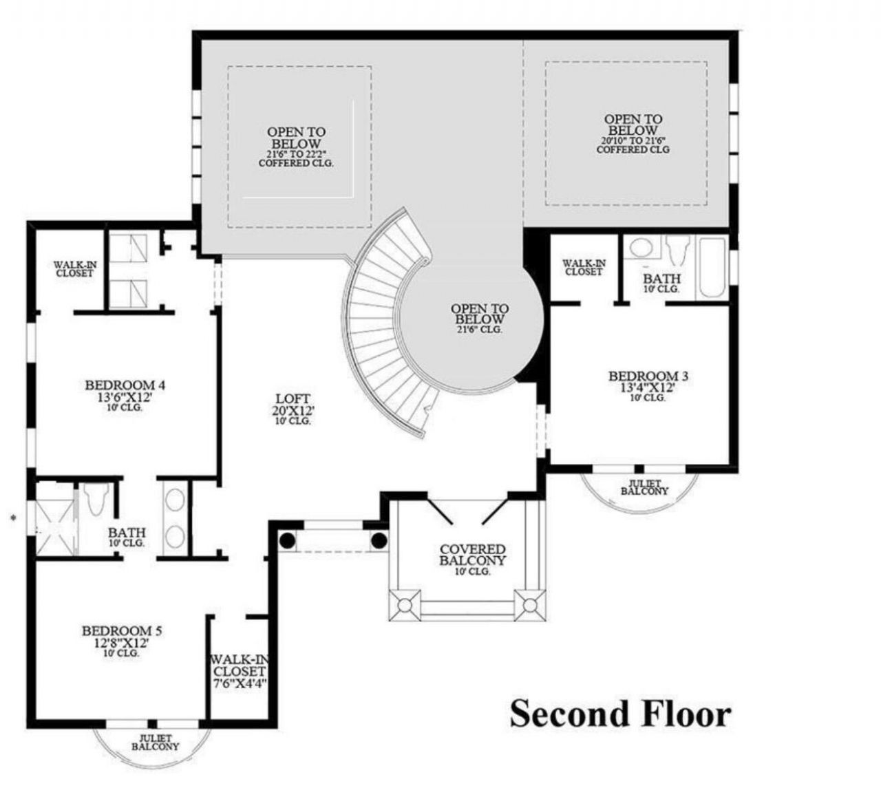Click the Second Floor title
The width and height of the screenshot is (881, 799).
[x=619, y=714]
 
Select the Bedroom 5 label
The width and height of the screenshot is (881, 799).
[x=122, y=637]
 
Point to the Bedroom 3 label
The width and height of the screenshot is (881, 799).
[x=648, y=382]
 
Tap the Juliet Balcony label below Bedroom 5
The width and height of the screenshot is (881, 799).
[x=155, y=742]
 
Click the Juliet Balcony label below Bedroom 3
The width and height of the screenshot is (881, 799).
[x=644, y=488]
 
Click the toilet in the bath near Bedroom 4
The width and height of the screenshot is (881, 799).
[x=96, y=500]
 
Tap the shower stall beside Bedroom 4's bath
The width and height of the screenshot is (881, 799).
[x=54, y=520]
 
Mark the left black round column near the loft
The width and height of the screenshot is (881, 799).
[x=287, y=541]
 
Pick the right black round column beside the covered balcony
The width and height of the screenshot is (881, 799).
[x=378, y=541]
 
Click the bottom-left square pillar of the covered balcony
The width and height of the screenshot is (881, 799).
[x=404, y=606]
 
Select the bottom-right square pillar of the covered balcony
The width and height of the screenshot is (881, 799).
[x=529, y=606]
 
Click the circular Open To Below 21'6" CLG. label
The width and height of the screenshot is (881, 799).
[x=480, y=319]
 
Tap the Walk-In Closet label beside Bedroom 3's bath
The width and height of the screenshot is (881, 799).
[x=584, y=267]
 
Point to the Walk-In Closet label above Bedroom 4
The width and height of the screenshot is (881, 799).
[x=74, y=268]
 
